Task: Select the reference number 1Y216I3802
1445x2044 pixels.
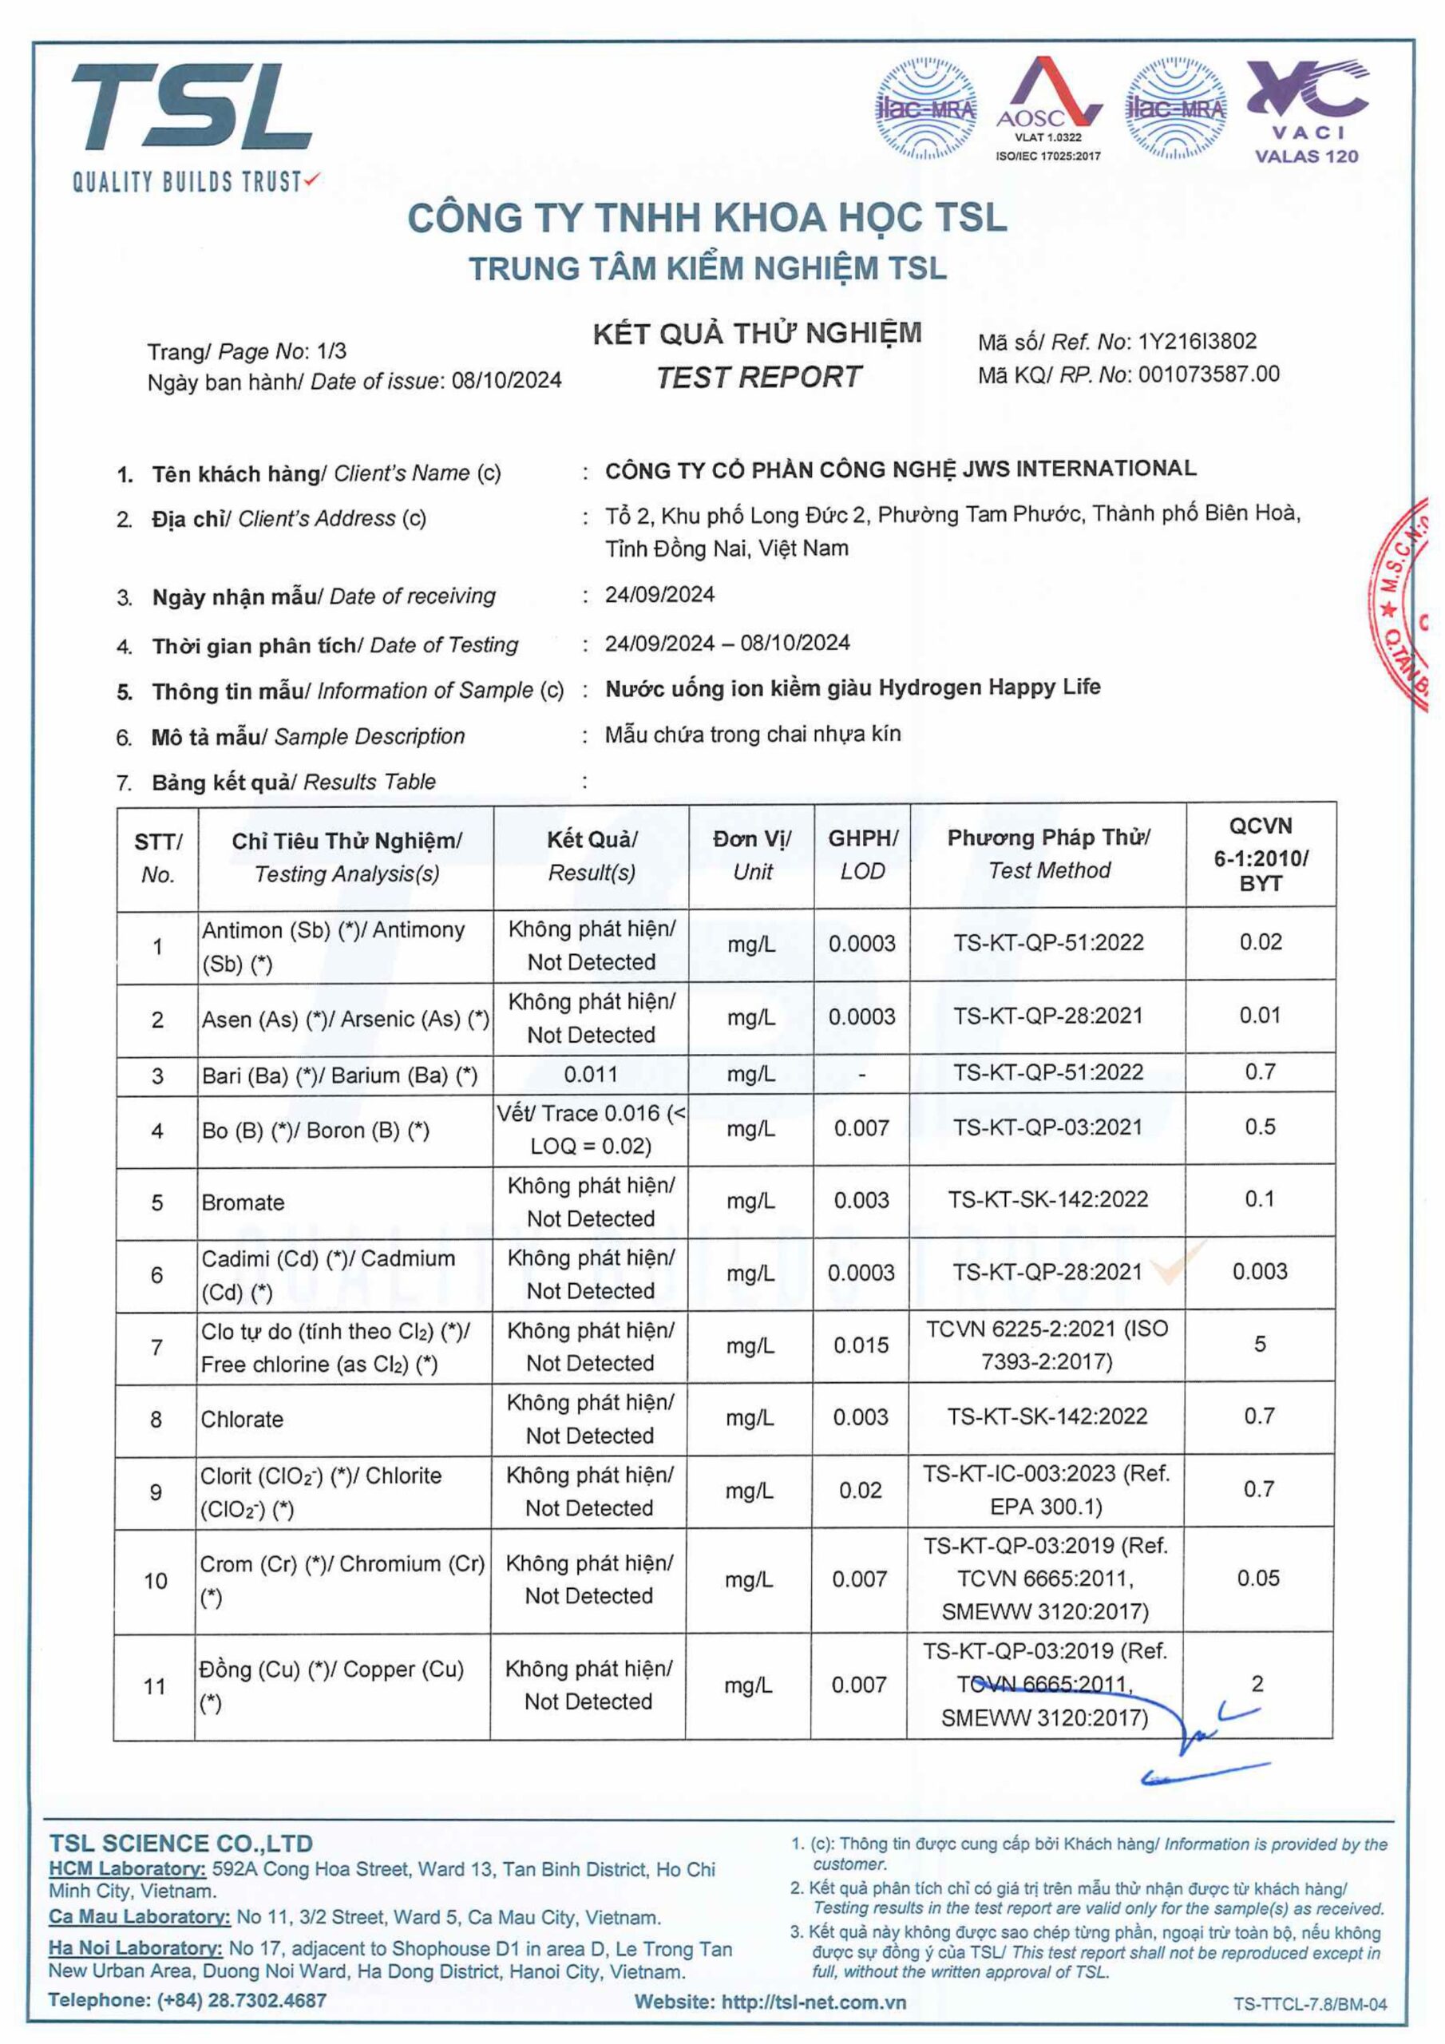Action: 1197,342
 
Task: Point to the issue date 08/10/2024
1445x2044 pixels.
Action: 507,381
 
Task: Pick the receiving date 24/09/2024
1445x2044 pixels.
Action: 659,595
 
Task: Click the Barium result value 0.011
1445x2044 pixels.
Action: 590,1075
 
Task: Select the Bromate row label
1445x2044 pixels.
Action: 243,1202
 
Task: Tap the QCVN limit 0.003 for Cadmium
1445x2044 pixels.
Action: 1260,1272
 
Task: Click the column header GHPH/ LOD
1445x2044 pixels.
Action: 862,854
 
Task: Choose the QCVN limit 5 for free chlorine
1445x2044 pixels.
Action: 1260,1345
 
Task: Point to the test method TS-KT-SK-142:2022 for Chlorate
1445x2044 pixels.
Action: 1047,1416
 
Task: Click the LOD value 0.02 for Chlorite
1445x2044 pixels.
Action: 860,1490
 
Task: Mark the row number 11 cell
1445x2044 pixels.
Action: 155,1686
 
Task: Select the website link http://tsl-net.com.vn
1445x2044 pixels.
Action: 814,2003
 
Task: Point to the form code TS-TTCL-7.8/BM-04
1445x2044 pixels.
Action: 1309,2004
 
